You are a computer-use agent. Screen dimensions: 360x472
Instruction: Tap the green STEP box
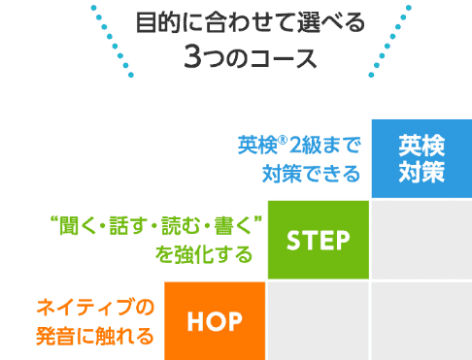click(318, 239)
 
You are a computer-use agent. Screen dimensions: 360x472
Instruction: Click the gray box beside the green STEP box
click(421, 239)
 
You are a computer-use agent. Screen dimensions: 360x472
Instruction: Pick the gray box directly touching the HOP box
click(318, 319)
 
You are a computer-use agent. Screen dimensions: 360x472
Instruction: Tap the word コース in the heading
click(283, 56)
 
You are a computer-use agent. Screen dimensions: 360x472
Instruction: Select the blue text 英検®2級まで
click(298, 147)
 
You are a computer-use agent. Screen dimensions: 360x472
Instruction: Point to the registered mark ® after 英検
click(281, 142)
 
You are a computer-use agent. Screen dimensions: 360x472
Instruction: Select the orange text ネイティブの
click(95, 309)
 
